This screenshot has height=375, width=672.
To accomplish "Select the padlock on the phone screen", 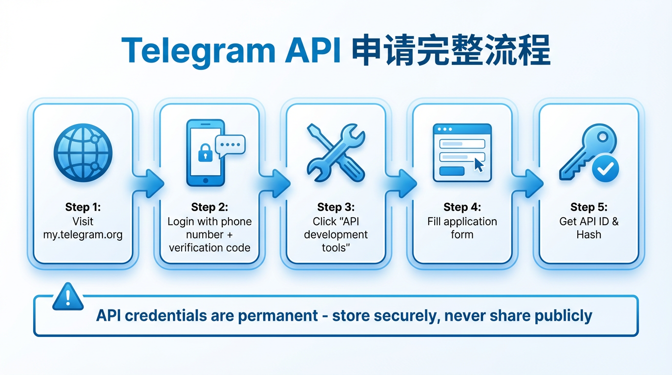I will pyautogui.click(x=204, y=153).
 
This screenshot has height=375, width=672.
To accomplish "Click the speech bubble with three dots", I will pyautogui.click(x=230, y=145).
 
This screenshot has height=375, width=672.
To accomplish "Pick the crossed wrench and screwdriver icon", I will pyautogui.click(x=336, y=152).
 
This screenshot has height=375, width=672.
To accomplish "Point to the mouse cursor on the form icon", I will pyautogui.click(x=479, y=165).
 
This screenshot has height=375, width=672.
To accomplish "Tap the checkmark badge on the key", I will pyautogui.click(x=605, y=169).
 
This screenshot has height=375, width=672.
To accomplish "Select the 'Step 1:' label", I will pyautogui.click(x=83, y=208).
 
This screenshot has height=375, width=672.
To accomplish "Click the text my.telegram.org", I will pyautogui.click(x=83, y=234).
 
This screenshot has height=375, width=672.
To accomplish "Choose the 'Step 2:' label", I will pyautogui.click(x=210, y=208).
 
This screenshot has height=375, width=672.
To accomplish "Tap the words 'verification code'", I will pyautogui.click(x=210, y=248).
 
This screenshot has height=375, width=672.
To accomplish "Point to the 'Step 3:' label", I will pyautogui.click(x=336, y=208).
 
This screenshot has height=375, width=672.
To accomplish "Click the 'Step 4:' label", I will pyautogui.click(x=462, y=208).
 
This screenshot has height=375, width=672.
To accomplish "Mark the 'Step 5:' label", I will pyautogui.click(x=589, y=208).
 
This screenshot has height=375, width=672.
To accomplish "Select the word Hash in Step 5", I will pyautogui.click(x=589, y=234).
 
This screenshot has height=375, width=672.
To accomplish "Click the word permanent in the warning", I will pyautogui.click(x=278, y=315).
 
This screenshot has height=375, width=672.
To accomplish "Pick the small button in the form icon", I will pyautogui.click(x=452, y=171).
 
